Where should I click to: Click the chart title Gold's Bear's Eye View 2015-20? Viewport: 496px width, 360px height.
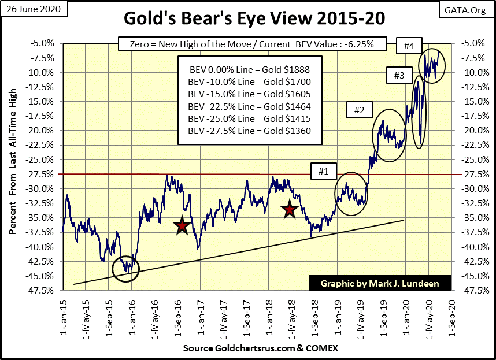point(249,19)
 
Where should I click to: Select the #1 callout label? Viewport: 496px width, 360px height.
point(323,171)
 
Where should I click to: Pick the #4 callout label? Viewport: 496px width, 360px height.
point(409,45)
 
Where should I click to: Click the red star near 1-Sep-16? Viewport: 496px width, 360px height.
point(183,226)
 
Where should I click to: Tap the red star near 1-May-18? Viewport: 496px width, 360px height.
point(290,210)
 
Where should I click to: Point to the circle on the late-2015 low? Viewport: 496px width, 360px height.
point(125,268)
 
